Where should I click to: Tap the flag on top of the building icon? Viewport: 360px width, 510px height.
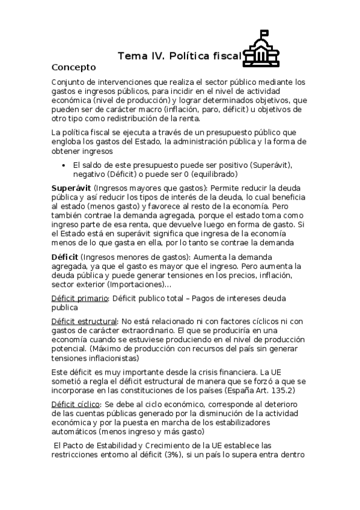266,34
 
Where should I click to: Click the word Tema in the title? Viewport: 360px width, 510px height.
130,57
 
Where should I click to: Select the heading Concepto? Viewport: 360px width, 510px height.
74,67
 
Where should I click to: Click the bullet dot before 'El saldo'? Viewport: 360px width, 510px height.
64,164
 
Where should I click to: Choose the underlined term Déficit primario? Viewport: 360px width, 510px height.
80,298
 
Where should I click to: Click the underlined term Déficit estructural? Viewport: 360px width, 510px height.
84,322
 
